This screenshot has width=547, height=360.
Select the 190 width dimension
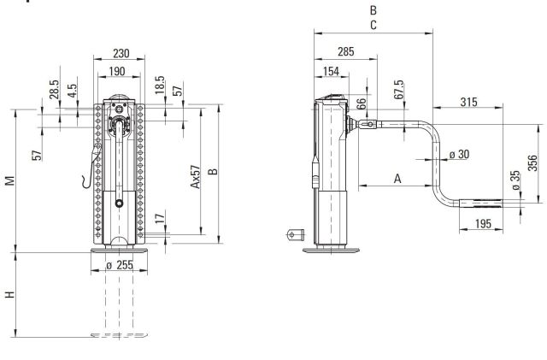coord(118,72)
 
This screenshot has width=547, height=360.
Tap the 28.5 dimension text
coord(52,90)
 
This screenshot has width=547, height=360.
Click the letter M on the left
coord(9,180)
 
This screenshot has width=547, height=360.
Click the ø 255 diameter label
coord(120,266)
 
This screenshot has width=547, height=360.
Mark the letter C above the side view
coord(373,26)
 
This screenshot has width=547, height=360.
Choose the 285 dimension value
coord(345,51)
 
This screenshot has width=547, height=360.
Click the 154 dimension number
coord(332,71)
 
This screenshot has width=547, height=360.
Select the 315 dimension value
coord(468,103)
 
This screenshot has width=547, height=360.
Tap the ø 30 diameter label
coord(459,154)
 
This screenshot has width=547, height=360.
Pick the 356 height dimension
coord(532,162)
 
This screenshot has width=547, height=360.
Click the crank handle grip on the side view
coord(481,204)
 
